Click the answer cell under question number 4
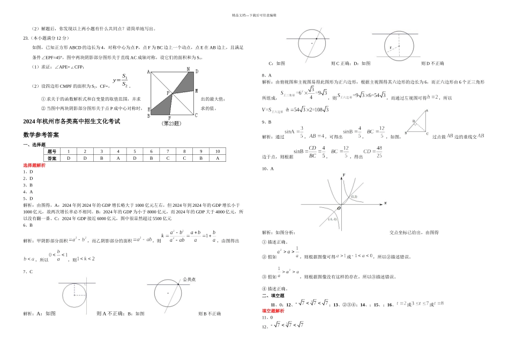118,159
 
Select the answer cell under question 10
217,159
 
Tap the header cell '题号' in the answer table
52,152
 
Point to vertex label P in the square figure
168,93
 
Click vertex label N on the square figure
188,69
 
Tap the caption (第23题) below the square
172,123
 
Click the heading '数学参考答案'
41,134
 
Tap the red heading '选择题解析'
34,166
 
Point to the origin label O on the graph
339,208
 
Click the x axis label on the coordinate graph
385,203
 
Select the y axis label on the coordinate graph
343,175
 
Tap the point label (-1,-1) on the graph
332,219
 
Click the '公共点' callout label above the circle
189,279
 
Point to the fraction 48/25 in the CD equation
379,152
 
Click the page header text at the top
254,16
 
